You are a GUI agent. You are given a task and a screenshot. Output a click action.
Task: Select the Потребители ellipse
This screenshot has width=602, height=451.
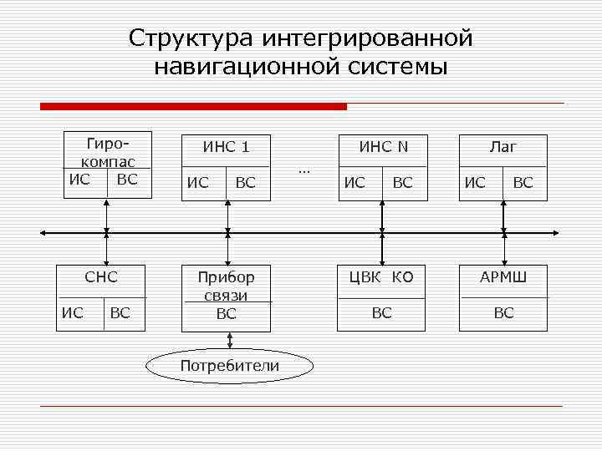(x=230, y=366)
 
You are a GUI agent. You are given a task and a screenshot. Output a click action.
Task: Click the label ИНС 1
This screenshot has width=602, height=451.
(x=227, y=148)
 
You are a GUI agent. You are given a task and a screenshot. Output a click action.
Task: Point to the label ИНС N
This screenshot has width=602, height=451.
(x=383, y=147)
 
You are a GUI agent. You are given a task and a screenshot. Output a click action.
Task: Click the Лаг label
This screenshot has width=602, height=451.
(x=503, y=147)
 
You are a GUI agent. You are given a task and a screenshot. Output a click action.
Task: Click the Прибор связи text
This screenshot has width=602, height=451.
(x=227, y=286)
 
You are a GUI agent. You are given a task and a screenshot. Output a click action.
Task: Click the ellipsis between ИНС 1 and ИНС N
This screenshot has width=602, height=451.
(x=304, y=170)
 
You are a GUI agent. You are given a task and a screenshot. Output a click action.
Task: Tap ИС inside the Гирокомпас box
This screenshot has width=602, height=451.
(x=79, y=179)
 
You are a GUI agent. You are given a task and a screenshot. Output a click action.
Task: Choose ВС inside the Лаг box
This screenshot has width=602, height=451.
(x=523, y=183)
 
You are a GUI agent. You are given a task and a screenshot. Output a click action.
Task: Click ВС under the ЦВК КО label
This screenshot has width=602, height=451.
(x=382, y=313)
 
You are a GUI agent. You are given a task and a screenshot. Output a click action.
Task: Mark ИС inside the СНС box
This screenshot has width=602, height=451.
(x=73, y=313)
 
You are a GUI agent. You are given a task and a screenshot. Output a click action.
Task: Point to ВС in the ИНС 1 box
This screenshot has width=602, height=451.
(x=246, y=183)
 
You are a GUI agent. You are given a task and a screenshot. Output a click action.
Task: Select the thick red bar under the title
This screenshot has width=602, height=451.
(x=193, y=107)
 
